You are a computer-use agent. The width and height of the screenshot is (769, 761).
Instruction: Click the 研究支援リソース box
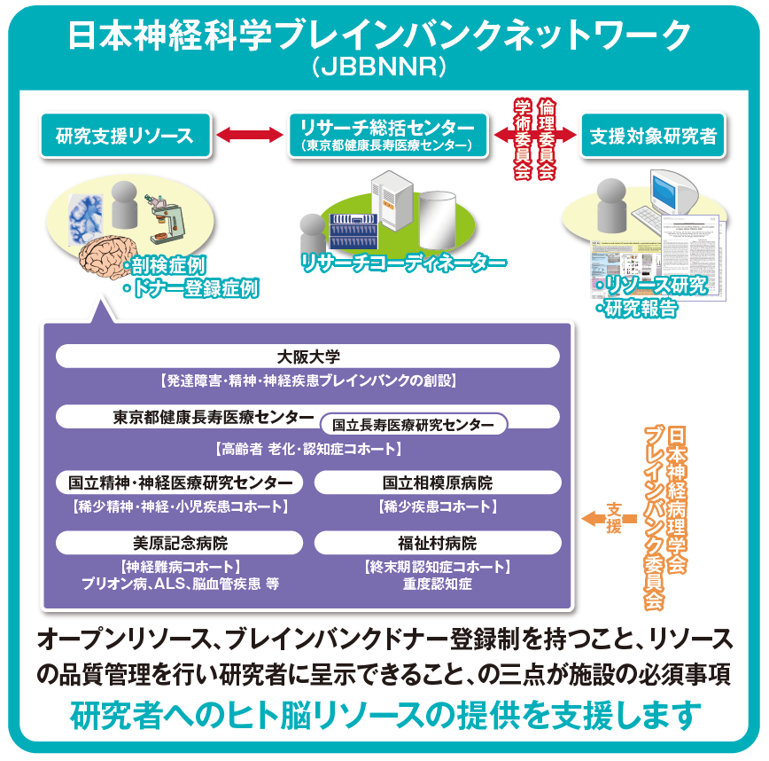click(125, 136)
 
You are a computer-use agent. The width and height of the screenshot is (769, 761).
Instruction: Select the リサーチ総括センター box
click(388, 136)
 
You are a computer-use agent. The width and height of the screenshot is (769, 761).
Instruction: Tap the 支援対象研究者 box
click(653, 136)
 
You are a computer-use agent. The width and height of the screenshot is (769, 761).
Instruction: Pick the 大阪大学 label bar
click(307, 356)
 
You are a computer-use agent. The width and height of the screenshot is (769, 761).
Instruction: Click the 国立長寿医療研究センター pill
click(413, 425)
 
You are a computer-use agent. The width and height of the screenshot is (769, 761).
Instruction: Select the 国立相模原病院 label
click(438, 482)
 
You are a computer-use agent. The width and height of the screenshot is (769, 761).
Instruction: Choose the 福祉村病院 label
click(438, 543)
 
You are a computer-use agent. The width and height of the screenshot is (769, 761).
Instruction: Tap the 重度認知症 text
click(438, 584)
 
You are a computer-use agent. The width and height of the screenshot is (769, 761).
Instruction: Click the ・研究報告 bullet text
click(636, 309)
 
